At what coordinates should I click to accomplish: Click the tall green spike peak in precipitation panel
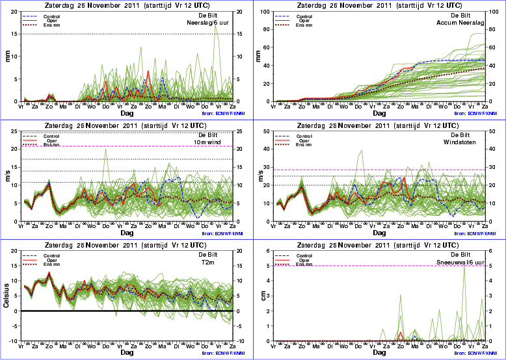(215, 25)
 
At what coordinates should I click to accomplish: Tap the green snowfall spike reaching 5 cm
(464, 266)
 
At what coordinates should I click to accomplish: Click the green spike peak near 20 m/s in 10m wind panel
(105, 149)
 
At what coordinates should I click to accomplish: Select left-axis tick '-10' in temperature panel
(13, 341)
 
